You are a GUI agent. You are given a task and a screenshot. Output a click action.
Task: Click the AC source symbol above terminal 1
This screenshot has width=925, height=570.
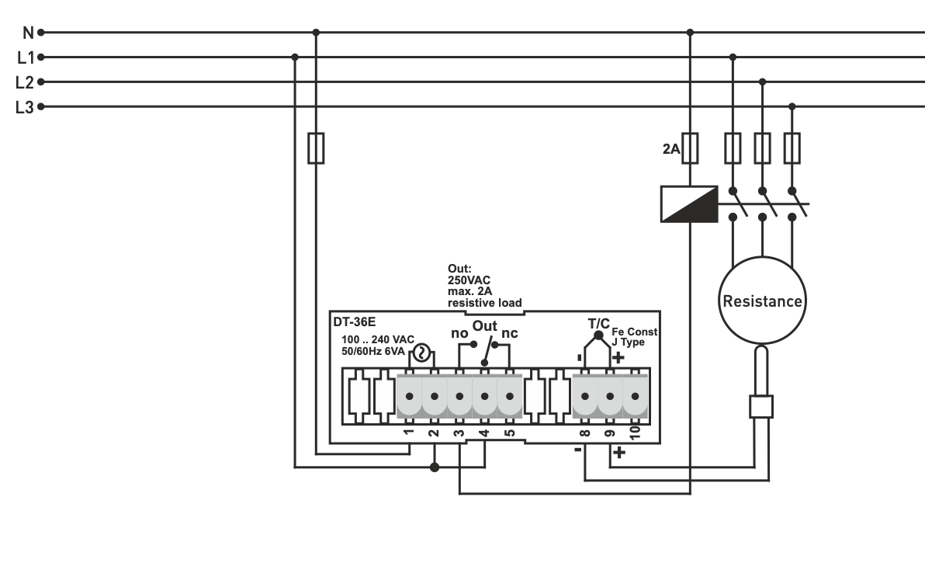(x=421, y=353)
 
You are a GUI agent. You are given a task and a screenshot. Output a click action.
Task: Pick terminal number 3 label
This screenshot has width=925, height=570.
(x=459, y=433)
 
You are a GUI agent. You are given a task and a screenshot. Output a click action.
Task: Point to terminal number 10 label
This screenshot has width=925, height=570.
(x=635, y=433)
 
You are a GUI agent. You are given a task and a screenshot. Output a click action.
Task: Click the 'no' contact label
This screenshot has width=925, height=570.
(x=459, y=333)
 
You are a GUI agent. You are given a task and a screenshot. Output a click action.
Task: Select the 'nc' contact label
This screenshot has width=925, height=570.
(x=510, y=333)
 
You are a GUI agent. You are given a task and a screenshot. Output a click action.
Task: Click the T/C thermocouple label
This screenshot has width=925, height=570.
(x=600, y=322)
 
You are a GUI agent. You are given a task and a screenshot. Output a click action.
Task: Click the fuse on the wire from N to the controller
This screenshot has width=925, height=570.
(x=316, y=148)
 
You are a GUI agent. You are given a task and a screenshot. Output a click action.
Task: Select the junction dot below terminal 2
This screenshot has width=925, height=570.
(x=435, y=467)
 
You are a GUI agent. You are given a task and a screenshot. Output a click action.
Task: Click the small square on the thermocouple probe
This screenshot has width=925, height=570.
(x=762, y=406)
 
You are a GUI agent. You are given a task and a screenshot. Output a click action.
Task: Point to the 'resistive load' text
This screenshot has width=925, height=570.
(x=484, y=303)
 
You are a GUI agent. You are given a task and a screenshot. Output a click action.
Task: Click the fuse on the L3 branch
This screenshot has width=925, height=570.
(x=792, y=148)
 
